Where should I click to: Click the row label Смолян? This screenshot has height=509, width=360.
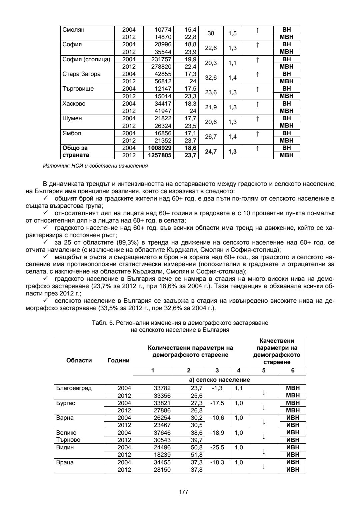[x=74, y=30]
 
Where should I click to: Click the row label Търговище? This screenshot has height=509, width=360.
[x=78, y=89]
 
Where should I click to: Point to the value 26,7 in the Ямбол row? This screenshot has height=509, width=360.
[x=211, y=137]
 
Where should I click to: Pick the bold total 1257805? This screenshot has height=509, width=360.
[x=158, y=155]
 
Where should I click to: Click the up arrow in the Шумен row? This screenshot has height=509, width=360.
[x=257, y=119]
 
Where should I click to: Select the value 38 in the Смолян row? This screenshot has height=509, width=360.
[x=211, y=34]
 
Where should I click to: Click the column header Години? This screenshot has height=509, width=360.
[x=118, y=360]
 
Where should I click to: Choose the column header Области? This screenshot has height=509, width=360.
[x=79, y=360]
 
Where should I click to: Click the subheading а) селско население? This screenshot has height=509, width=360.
[x=219, y=380]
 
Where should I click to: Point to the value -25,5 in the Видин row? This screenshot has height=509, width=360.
[x=217, y=447]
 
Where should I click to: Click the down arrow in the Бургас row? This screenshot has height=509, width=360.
[x=264, y=407]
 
